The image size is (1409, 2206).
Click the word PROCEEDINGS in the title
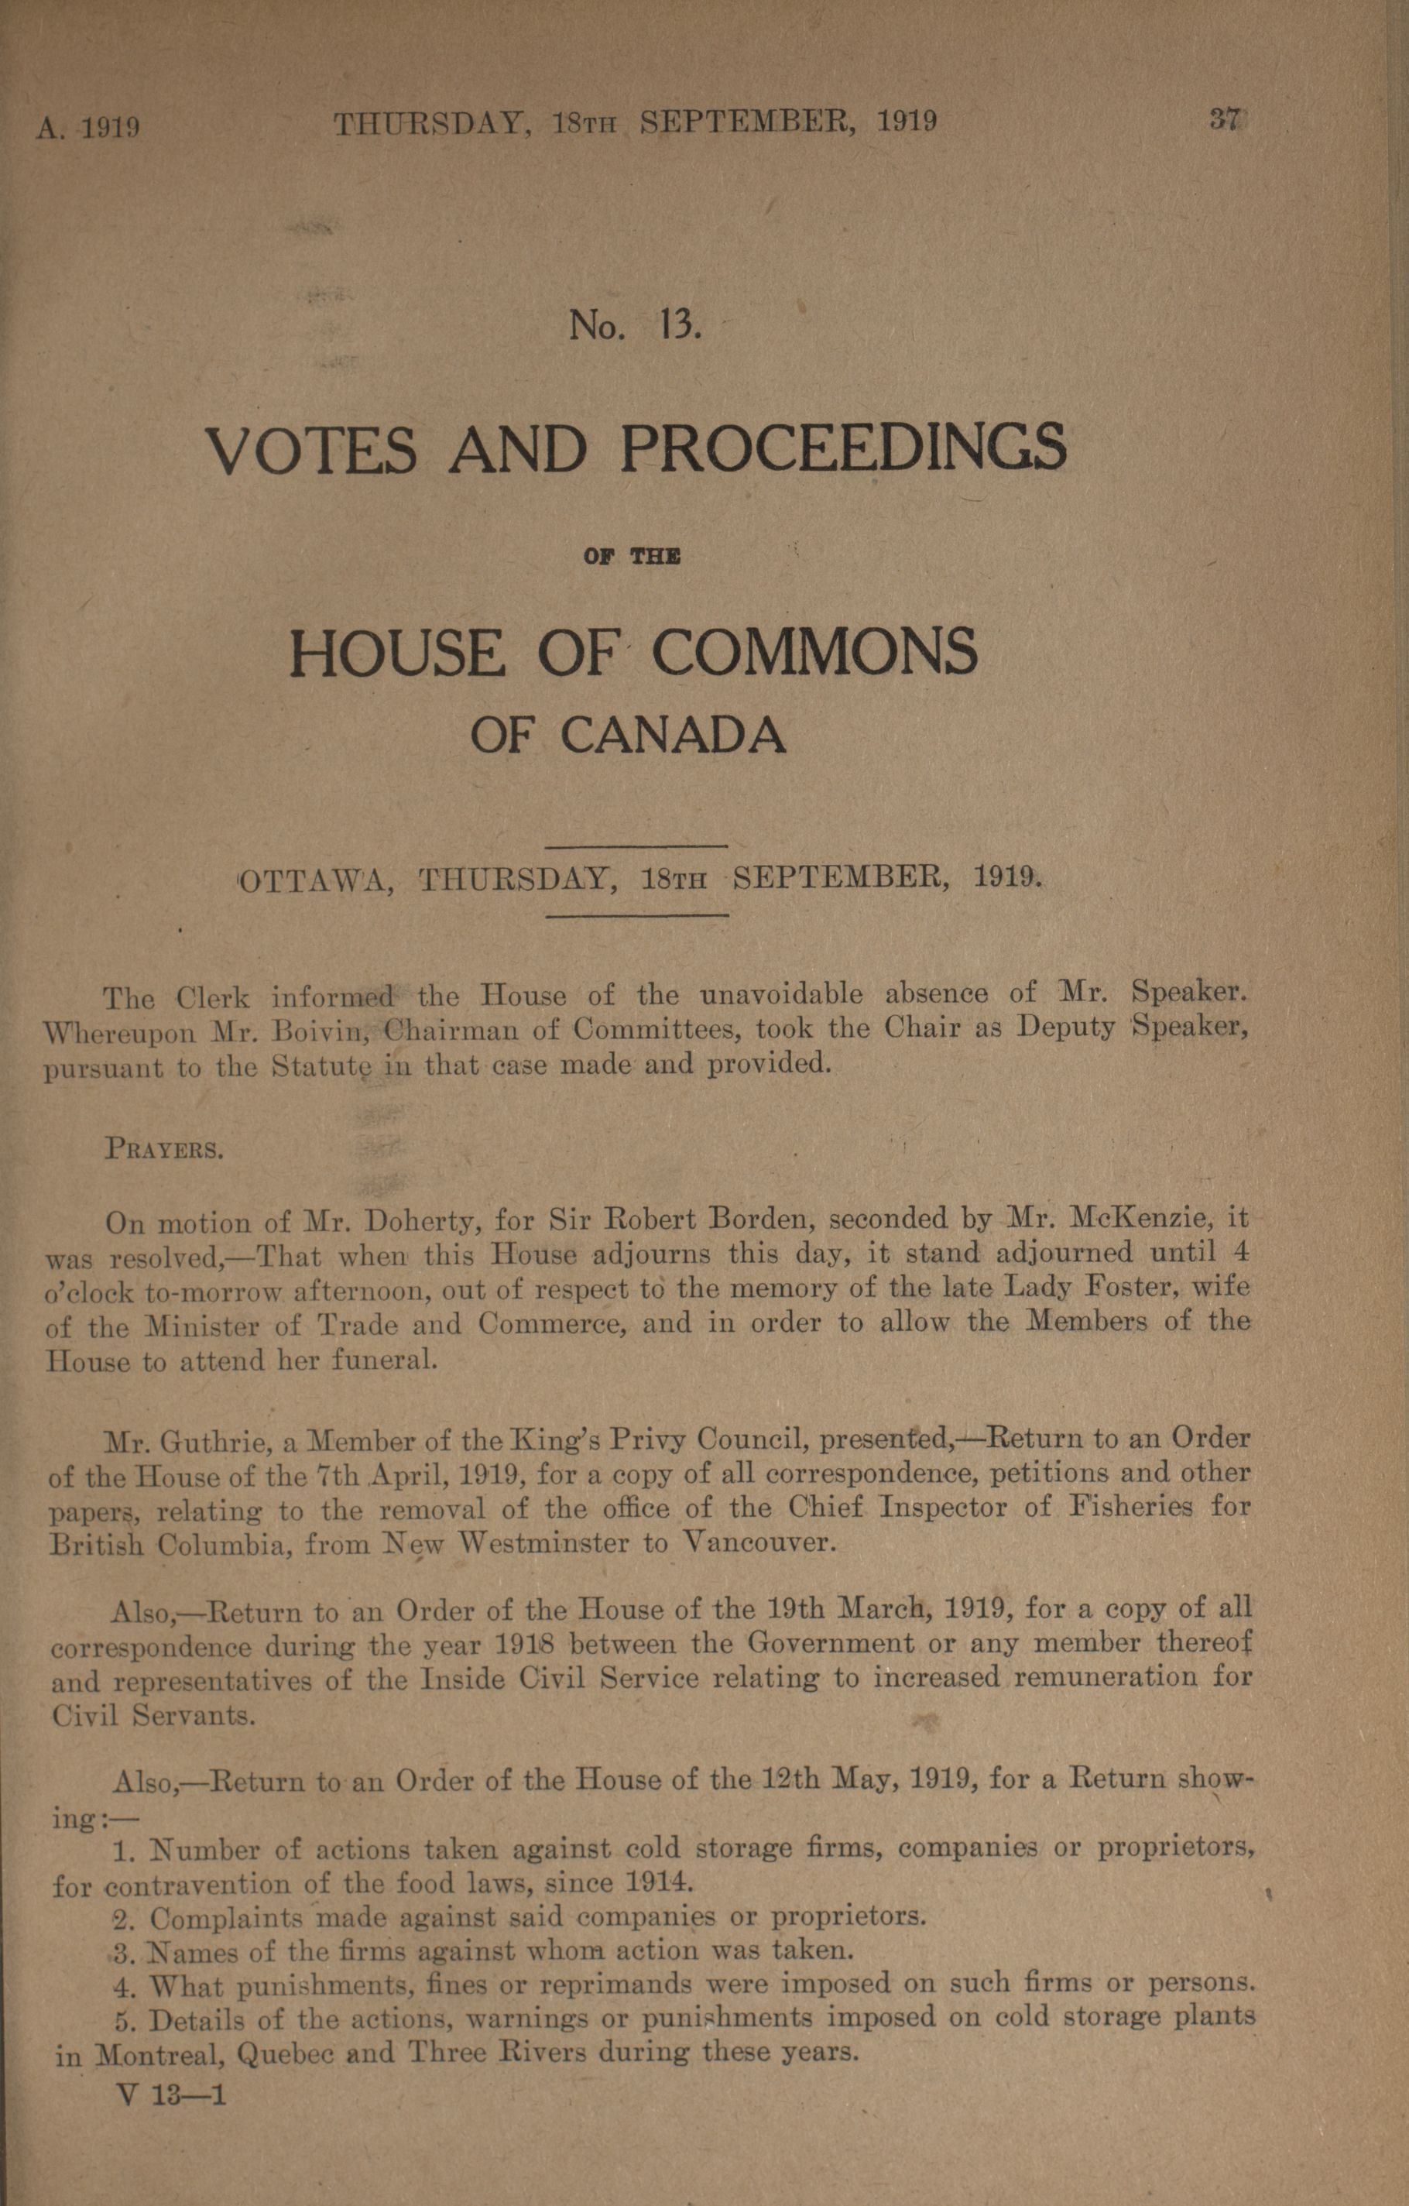coord(843,449)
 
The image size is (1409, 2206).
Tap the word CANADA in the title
coord(674,734)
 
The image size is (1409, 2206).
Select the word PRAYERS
coord(164,1148)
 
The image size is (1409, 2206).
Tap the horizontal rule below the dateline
coord(636,914)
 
